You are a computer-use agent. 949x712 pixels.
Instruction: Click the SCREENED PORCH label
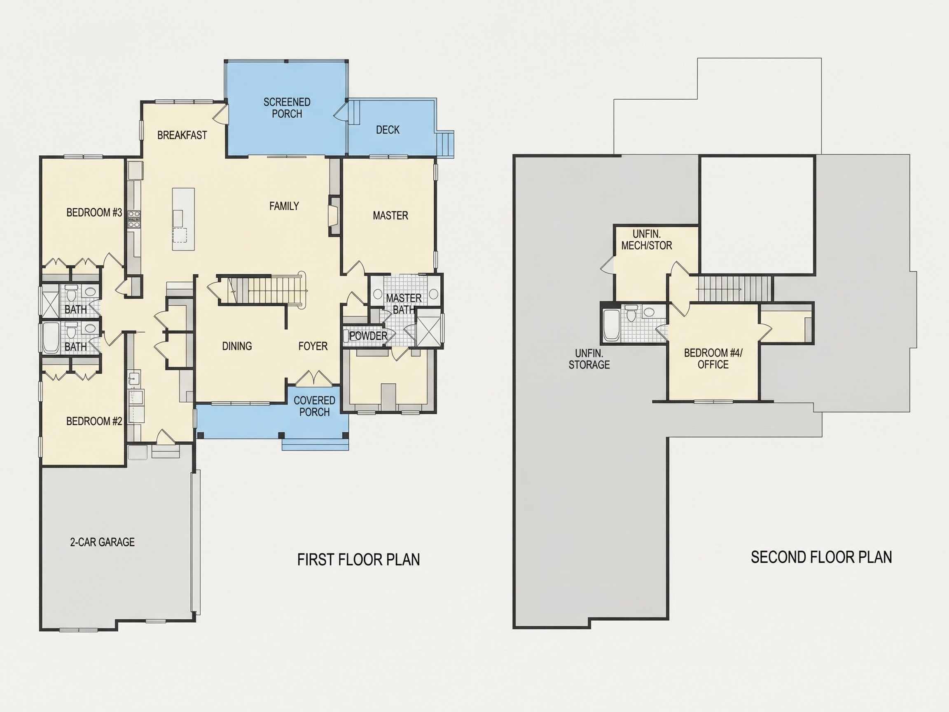coord(287,108)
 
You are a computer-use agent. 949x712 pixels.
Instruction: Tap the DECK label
coord(388,130)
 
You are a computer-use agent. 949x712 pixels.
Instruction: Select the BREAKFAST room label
coord(182,135)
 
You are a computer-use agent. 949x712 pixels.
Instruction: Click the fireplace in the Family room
coord(333,216)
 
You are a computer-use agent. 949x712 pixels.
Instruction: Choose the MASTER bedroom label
coord(390,215)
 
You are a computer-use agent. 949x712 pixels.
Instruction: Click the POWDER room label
coord(369,336)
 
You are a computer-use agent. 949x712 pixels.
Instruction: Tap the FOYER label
coord(313,346)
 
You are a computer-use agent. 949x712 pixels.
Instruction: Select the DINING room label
coord(237,346)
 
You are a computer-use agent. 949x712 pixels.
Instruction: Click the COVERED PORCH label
coord(314,406)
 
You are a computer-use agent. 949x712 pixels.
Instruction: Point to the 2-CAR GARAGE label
coord(103,542)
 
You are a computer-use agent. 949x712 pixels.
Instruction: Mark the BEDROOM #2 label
coord(94,422)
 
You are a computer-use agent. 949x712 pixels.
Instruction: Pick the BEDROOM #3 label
coord(94,213)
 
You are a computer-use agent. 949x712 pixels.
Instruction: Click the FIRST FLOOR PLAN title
coord(359,560)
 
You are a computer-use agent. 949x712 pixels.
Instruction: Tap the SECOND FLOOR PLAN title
coord(822,557)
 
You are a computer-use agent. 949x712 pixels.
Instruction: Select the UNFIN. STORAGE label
coord(589,359)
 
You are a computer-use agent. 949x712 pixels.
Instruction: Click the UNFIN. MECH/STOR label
coord(647,240)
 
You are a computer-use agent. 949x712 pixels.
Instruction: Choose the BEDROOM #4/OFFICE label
coord(713,359)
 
